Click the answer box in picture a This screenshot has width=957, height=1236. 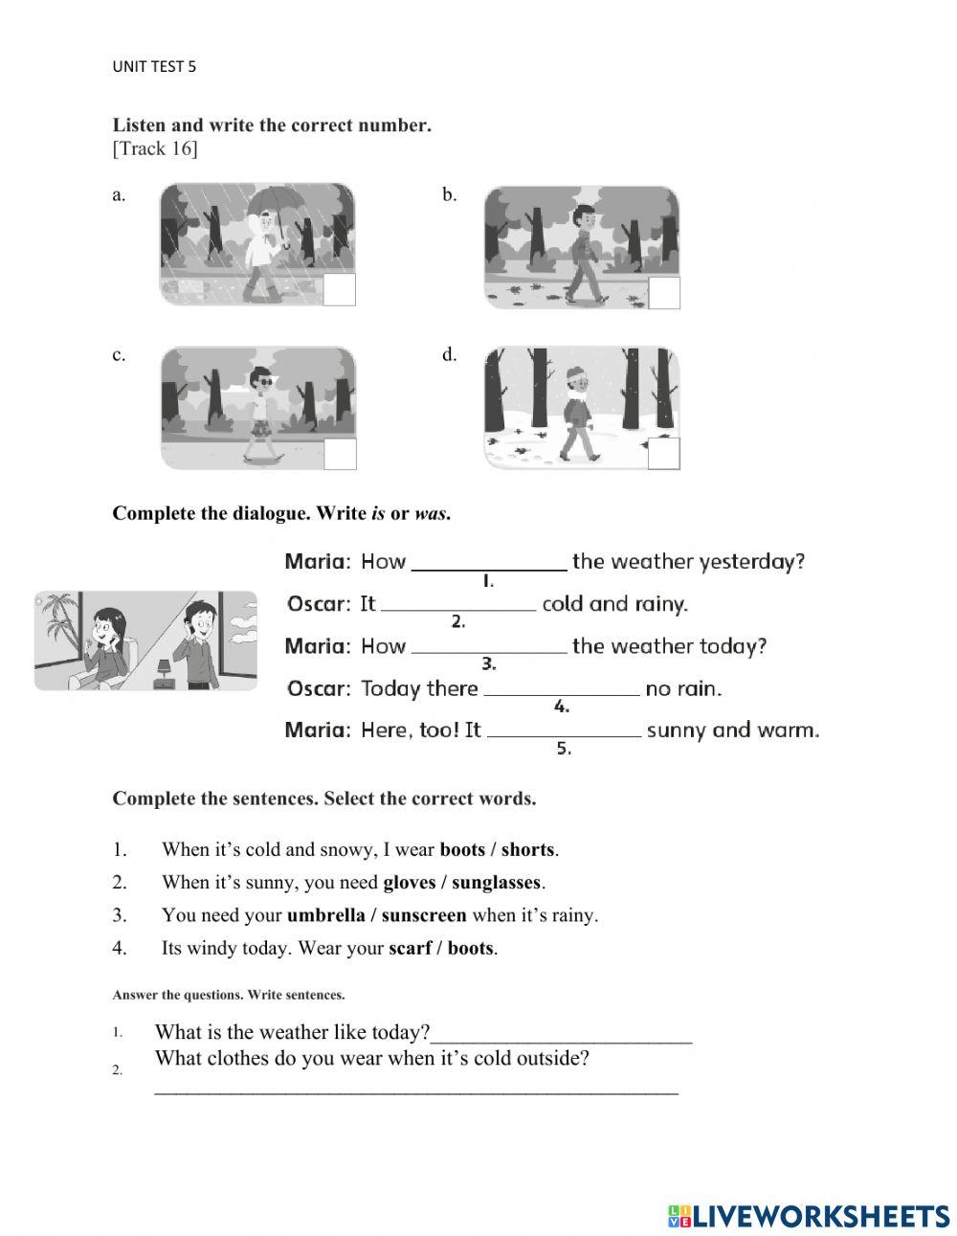[x=339, y=289]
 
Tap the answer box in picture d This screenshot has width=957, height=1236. [x=663, y=454]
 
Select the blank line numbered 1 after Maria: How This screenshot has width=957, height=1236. [x=488, y=562]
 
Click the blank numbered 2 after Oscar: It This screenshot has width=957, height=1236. [x=458, y=604]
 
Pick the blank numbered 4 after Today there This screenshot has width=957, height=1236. [x=562, y=688]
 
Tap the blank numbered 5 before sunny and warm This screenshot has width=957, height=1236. [x=564, y=730]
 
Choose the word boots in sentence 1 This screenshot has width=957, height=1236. [x=462, y=849]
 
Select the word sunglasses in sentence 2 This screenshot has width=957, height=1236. [x=496, y=882]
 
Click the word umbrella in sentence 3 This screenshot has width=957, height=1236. [x=325, y=914]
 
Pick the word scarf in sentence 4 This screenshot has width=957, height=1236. [x=410, y=948]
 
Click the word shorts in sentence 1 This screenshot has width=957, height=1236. [x=527, y=849]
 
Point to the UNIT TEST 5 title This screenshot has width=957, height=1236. [x=154, y=66]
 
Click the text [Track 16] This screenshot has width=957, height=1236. [x=155, y=148]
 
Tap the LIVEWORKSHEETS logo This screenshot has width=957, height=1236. [x=809, y=1215]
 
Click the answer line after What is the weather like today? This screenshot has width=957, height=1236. [x=562, y=1034]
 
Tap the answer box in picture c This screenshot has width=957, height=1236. [x=339, y=454]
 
